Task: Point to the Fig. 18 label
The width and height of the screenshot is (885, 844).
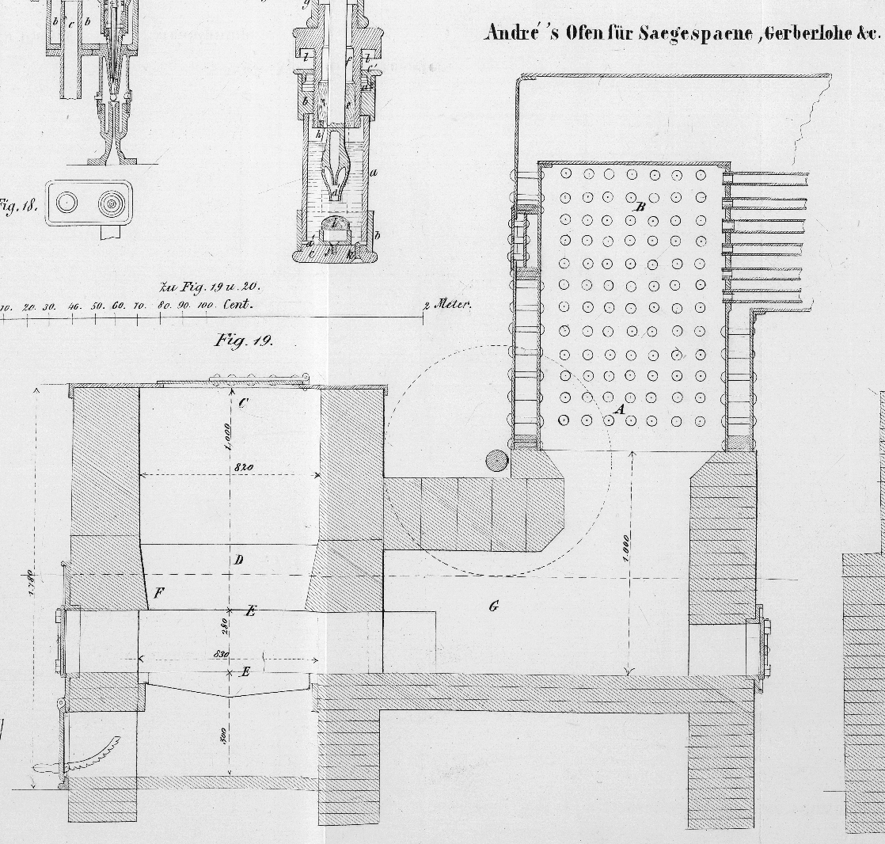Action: tap(17, 207)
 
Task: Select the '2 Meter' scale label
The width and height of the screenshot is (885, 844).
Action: tap(447, 304)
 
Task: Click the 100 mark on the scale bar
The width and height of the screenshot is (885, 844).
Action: tap(205, 306)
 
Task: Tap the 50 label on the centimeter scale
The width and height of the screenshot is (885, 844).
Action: tap(97, 306)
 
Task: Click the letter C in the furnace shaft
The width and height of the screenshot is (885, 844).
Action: tap(242, 402)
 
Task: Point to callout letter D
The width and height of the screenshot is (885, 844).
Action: tap(238, 561)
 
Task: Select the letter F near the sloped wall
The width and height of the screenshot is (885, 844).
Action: tap(159, 592)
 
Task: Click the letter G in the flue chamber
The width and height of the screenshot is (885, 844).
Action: tap(494, 607)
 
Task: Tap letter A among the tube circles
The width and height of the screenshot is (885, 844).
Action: tap(621, 409)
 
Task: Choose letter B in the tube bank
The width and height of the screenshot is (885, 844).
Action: tap(641, 207)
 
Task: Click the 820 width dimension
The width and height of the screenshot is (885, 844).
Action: tap(242, 467)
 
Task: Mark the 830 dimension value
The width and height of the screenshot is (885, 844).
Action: tap(222, 654)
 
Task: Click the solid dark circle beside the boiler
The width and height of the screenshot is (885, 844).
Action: tap(496, 461)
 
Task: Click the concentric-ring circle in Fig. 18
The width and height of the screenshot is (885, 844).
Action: tap(112, 203)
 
